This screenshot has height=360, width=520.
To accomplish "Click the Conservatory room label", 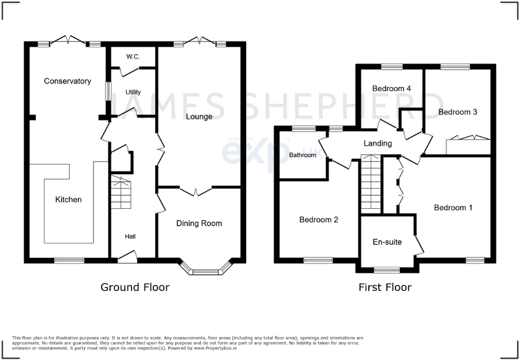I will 67,81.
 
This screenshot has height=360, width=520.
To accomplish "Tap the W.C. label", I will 133,57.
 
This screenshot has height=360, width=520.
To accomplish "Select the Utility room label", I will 133,92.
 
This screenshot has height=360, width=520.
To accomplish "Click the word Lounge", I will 199,117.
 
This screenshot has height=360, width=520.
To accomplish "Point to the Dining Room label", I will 199,223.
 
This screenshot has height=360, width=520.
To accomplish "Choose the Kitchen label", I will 68,200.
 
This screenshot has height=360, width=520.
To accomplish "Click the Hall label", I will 130,237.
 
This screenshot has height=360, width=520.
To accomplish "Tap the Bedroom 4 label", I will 391,89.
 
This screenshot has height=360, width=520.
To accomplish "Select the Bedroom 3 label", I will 458,112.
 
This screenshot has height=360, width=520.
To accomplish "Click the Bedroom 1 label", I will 453,208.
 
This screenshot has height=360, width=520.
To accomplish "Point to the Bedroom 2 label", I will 318,220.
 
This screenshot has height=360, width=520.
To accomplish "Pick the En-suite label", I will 387,242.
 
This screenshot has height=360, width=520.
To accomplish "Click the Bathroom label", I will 303,155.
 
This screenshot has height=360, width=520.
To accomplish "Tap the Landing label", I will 378,144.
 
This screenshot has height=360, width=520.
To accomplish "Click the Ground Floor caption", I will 135,287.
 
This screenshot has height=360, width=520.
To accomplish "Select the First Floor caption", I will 385,287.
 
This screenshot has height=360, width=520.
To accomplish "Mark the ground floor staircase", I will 121,193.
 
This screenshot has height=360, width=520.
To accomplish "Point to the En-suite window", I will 387,269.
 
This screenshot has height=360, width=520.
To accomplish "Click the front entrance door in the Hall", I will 127,257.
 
